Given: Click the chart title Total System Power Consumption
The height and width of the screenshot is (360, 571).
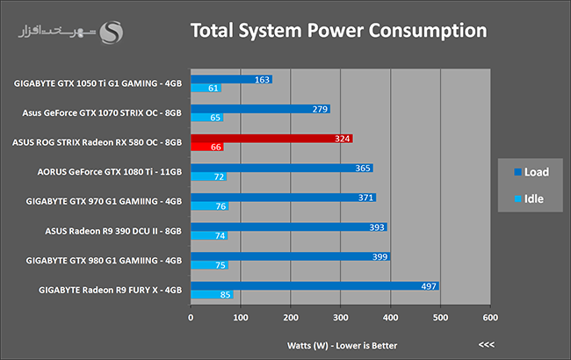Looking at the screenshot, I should point(339,31).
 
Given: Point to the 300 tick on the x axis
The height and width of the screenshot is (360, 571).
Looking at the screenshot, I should point(340,317).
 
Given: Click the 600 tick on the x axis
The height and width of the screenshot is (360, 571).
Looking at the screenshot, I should point(490,317).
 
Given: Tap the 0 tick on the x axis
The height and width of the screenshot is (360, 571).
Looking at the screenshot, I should point(191,317).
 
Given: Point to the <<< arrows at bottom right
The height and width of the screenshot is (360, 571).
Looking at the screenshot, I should point(486,344).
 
